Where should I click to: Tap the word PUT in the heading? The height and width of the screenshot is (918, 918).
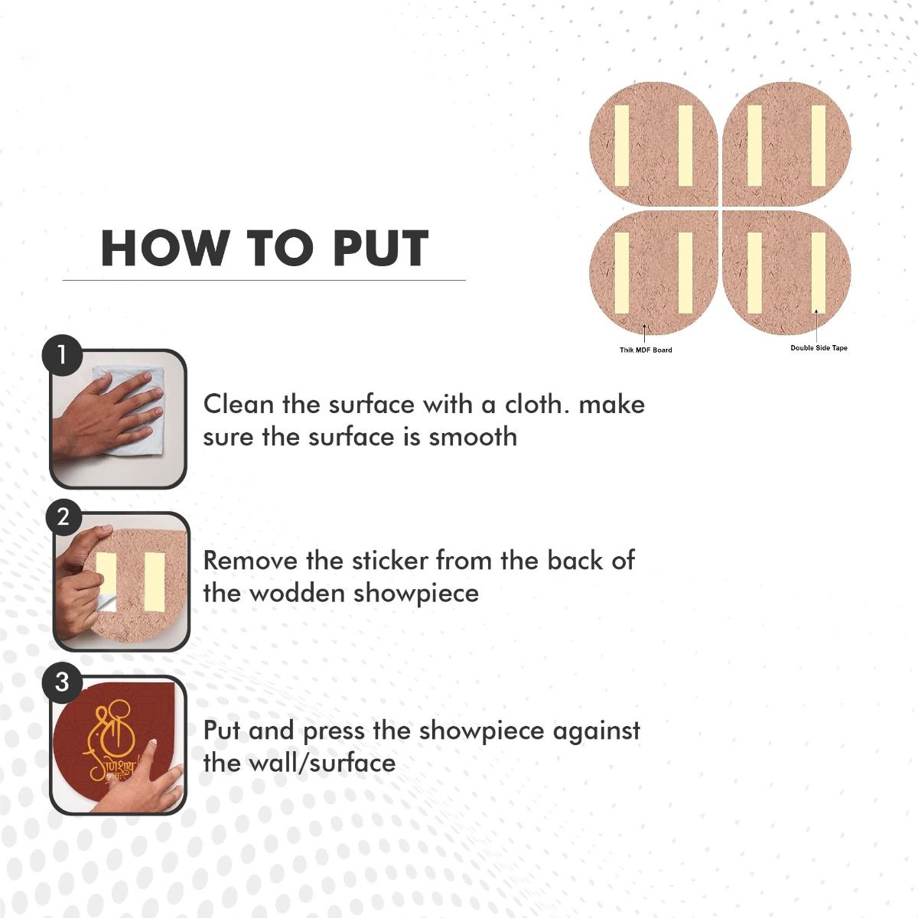(x=381, y=248)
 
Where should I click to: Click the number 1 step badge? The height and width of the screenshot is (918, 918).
(x=61, y=356)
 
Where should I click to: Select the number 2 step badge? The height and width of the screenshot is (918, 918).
(x=63, y=517)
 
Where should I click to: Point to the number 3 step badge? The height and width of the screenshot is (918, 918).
(x=62, y=682)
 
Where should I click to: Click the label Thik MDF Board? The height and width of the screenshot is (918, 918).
(x=646, y=350)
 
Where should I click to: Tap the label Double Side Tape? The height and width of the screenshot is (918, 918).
(x=819, y=348)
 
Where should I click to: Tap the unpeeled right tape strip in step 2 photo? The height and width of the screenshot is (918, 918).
(x=155, y=581)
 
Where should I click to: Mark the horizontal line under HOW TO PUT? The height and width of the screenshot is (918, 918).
(x=264, y=280)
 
